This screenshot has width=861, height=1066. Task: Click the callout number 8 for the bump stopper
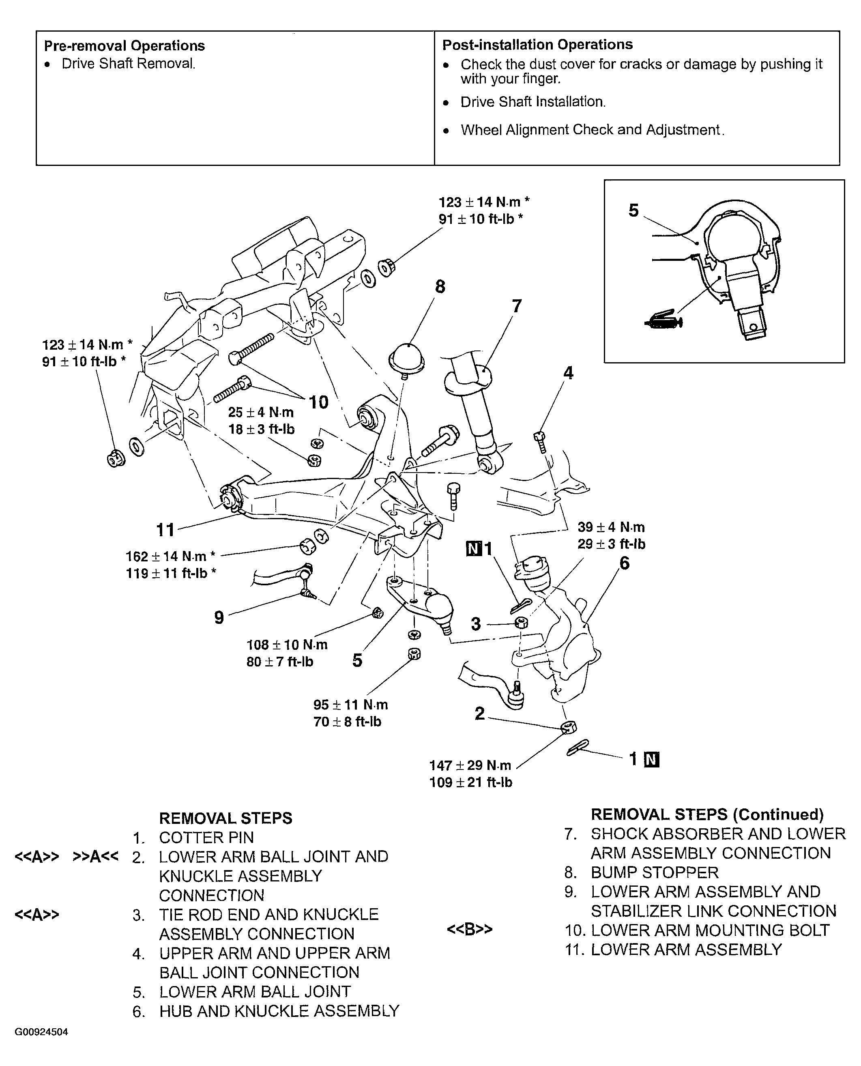(x=440, y=287)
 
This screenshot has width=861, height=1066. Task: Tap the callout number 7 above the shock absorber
(x=517, y=306)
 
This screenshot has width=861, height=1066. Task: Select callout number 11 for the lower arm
(x=165, y=530)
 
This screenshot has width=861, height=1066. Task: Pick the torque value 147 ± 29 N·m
(x=470, y=765)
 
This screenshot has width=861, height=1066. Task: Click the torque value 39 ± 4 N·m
(x=611, y=527)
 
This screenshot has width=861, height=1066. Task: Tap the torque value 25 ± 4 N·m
(x=261, y=412)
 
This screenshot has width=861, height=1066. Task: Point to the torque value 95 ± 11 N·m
(x=351, y=705)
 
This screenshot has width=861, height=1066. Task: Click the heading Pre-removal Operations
(x=125, y=46)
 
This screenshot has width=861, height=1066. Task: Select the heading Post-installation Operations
(x=538, y=45)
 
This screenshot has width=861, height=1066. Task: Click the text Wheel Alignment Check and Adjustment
(x=593, y=129)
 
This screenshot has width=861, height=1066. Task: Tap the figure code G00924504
(x=41, y=1032)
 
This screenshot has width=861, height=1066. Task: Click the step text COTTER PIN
(x=206, y=837)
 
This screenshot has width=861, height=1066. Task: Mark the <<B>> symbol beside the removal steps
(x=470, y=929)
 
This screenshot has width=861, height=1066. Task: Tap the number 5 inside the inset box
(x=633, y=211)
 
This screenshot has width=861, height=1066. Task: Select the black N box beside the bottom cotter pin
(x=652, y=759)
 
